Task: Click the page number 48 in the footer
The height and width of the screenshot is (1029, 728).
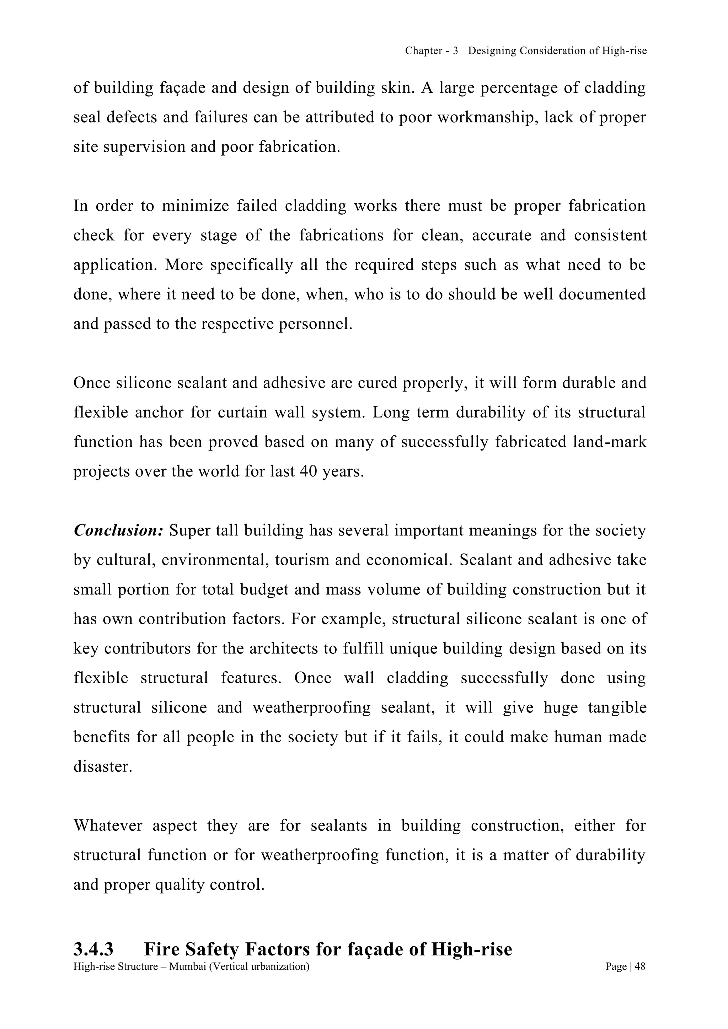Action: click(640, 967)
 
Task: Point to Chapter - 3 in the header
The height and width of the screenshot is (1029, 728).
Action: click(431, 51)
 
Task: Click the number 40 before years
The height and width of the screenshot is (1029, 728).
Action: click(308, 472)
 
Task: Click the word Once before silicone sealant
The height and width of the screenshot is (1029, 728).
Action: click(92, 383)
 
